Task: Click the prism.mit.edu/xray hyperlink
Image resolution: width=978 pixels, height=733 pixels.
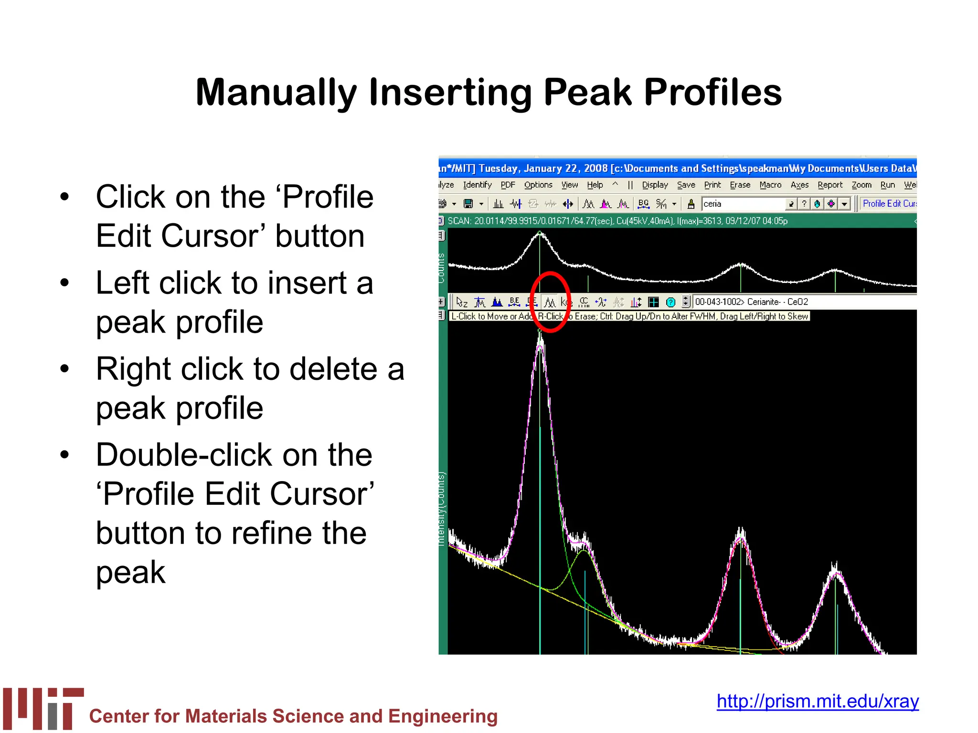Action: pyautogui.click(x=817, y=702)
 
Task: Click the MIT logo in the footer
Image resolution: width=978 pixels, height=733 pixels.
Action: pyautogui.click(x=43, y=708)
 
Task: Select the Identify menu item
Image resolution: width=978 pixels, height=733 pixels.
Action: pyautogui.click(x=477, y=185)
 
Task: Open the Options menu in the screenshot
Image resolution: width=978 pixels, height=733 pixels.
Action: pyautogui.click(x=538, y=185)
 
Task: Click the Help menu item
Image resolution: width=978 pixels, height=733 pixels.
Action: pyautogui.click(x=595, y=185)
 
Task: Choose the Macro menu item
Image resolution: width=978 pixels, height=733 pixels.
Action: pyautogui.click(x=770, y=185)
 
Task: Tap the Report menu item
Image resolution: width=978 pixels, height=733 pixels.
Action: pyautogui.click(x=829, y=185)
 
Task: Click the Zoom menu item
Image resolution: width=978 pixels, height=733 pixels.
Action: pyautogui.click(x=861, y=185)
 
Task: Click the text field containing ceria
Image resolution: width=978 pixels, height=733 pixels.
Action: pyautogui.click(x=743, y=204)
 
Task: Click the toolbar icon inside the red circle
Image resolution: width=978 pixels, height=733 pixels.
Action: pyautogui.click(x=550, y=303)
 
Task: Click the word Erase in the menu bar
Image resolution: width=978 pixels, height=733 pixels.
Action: pyautogui.click(x=740, y=185)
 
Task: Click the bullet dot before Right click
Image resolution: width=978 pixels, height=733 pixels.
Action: pyautogui.click(x=64, y=369)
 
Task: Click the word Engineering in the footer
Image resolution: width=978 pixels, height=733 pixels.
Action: pyautogui.click(x=443, y=716)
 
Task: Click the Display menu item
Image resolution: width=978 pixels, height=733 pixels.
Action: pyautogui.click(x=654, y=185)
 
